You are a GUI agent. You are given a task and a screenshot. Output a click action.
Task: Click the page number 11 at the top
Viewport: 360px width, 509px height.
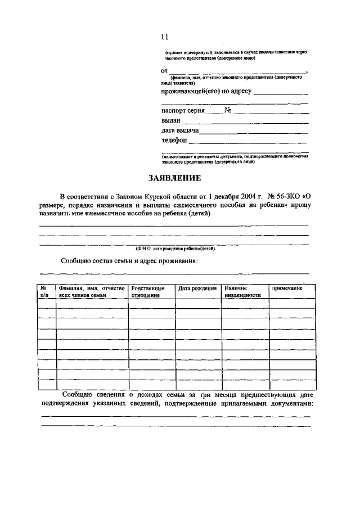(x=164, y=37)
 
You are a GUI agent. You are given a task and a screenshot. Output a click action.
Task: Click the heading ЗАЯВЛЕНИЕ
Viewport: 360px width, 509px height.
(x=174, y=178)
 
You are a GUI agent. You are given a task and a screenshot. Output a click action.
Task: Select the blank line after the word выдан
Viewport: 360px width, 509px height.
(x=246, y=121)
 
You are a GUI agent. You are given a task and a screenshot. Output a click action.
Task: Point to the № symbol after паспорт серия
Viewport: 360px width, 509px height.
(x=228, y=110)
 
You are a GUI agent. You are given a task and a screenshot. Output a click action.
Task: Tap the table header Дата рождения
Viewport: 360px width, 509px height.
(x=197, y=288)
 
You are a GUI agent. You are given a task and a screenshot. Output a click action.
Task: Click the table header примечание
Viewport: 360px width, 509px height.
(x=287, y=288)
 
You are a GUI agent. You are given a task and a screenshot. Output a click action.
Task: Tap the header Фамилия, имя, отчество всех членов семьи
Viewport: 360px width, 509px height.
(x=91, y=291)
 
